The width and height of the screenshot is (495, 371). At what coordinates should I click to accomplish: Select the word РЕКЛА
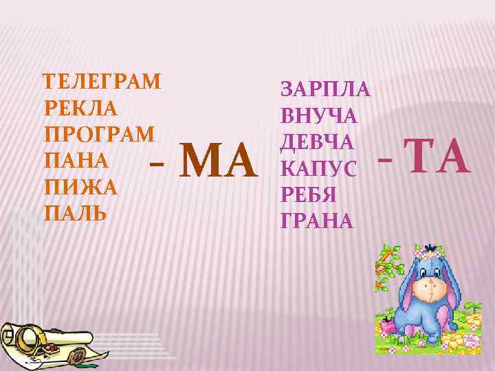80,109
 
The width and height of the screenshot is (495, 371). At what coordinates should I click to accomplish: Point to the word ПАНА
75,160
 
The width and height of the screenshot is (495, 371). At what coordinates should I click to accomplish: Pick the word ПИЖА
80,186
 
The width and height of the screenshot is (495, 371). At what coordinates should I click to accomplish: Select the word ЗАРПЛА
326,90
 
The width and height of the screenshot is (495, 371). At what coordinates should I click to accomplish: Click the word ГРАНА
317,221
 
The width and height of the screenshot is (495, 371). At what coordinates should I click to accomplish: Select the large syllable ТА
437,157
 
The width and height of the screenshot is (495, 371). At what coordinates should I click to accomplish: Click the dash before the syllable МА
156,165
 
